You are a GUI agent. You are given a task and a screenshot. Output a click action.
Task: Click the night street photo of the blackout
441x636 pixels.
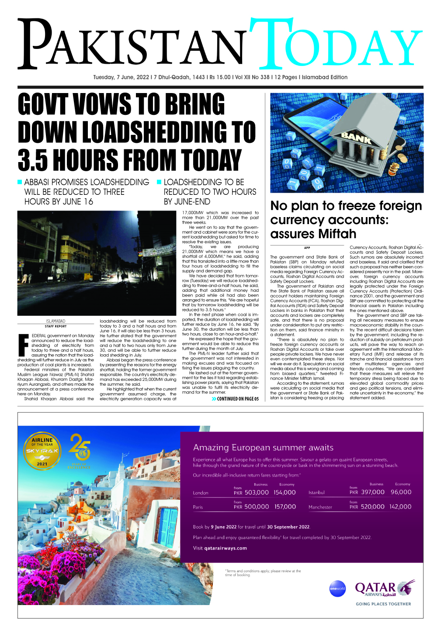96,263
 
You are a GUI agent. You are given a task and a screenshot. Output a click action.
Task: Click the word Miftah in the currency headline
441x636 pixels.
335,234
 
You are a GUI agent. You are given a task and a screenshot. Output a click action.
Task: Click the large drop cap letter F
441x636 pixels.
24,345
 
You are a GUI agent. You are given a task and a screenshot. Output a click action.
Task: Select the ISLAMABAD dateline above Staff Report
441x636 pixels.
56,321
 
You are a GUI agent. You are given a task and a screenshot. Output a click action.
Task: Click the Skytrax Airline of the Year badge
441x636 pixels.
42,450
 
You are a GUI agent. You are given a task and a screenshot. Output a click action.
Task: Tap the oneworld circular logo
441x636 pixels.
337,588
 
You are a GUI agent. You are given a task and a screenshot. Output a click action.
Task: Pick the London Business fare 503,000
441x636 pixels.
257,492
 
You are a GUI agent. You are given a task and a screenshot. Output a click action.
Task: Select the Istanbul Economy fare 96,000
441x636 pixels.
401,492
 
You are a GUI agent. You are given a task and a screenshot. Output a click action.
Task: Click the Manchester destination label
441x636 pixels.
320,507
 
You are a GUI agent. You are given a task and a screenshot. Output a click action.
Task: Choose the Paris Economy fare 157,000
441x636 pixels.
285,507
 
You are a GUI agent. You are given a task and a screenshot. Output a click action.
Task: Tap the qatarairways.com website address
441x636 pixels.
226,548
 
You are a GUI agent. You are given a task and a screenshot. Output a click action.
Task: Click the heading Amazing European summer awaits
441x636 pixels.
263,447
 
